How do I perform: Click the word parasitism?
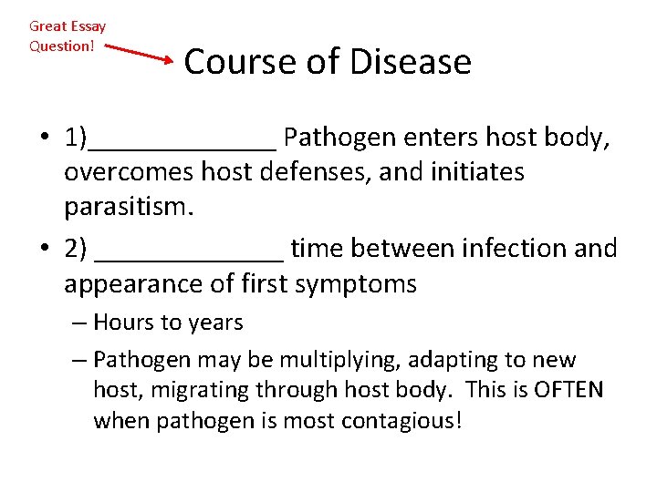coord(129,207)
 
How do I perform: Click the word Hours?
coord(122,323)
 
